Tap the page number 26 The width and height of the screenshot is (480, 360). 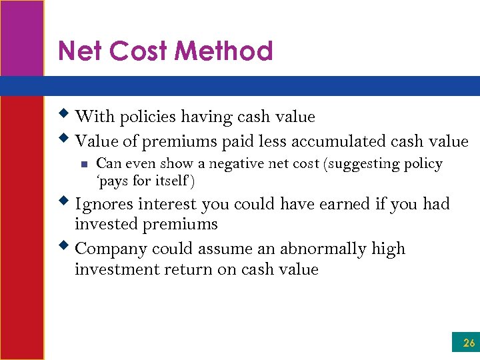(x=469, y=343)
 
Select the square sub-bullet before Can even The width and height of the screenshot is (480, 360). (x=83, y=164)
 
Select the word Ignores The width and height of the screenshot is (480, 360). (x=103, y=204)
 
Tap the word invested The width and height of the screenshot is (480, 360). (x=105, y=224)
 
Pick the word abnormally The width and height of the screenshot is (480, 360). (x=324, y=249)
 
